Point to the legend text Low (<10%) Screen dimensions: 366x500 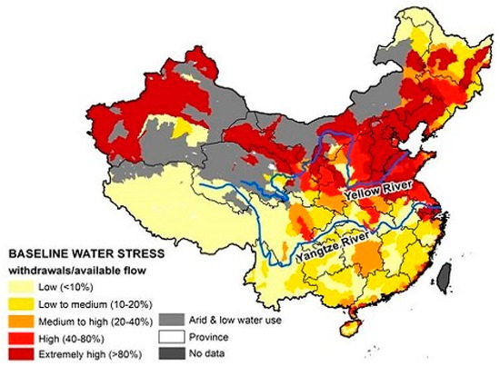(62, 288)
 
